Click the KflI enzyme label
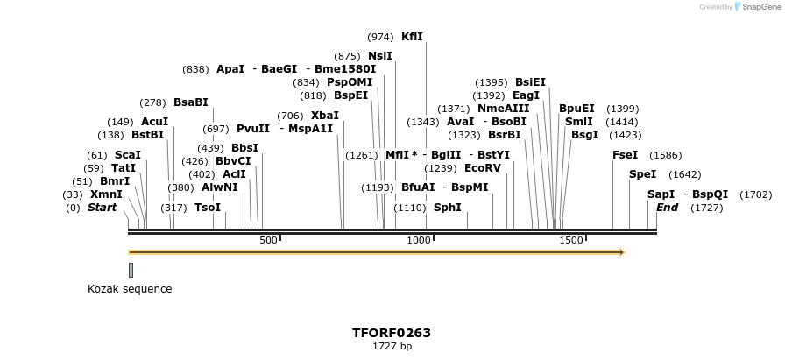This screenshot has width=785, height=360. [x=412, y=37]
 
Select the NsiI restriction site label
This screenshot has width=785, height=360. [x=379, y=56]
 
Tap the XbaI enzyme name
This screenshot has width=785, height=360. [x=324, y=116]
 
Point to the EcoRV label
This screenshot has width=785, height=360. [x=483, y=168]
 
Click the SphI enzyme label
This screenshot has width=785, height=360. [x=447, y=208]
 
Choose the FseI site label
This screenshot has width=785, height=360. [x=626, y=155]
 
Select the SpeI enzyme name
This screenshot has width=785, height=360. [x=642, y=174]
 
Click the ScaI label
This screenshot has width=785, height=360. [x=127, y=155]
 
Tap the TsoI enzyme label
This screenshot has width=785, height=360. [x=208, y=208]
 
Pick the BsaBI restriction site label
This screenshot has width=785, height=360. [x=191, y=102]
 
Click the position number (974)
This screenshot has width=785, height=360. [x=380, y=37]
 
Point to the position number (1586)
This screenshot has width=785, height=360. [x=665, y=155]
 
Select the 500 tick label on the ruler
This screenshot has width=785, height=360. [x=268, y=240]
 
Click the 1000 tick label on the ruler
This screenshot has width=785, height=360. [x=420, y=240]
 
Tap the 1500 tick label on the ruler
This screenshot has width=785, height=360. [x=571, y=240]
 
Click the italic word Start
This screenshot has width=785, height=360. [x=102, y=208]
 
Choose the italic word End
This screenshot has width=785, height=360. [x=667, y=208]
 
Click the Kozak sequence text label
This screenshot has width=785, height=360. [x=130, y=289]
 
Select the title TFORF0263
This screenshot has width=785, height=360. [x=392, y=333]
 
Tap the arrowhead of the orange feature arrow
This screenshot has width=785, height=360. [x=622, y=252]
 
